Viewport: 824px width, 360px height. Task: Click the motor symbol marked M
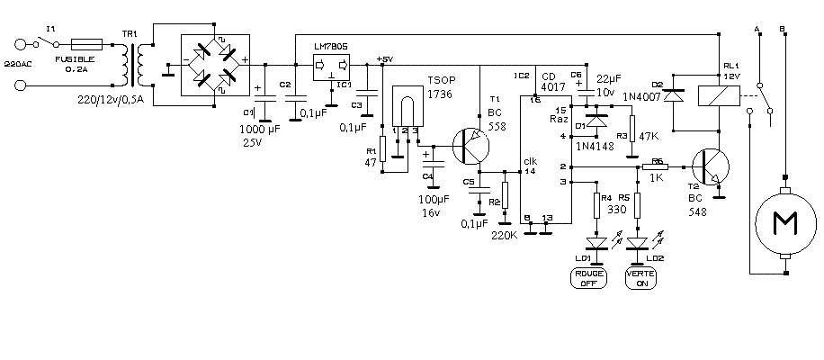784,221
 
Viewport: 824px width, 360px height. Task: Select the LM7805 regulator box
332,67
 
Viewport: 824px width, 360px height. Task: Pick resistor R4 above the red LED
596,206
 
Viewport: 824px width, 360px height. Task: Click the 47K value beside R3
649,135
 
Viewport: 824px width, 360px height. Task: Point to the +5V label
385,59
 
